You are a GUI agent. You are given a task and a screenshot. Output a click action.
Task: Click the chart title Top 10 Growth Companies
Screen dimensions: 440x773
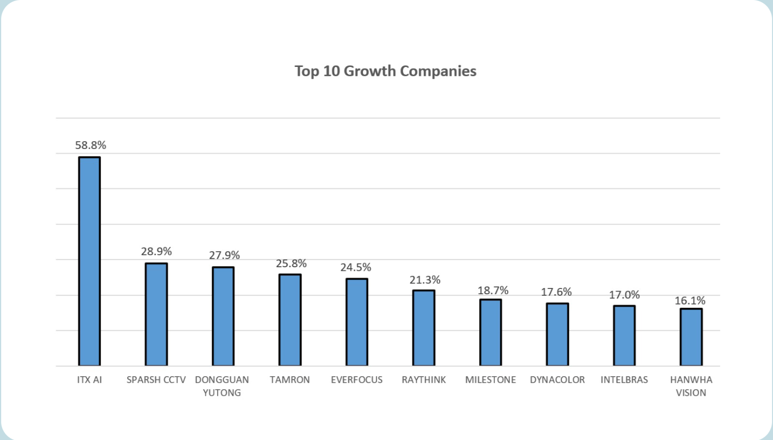(385, 71)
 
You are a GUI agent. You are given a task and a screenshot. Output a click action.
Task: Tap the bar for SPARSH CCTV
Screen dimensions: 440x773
(156, 314)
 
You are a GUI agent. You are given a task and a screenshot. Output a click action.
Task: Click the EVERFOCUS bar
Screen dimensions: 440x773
(357, 322)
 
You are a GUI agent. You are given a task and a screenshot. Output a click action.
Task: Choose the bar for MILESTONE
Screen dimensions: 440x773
(491, 333)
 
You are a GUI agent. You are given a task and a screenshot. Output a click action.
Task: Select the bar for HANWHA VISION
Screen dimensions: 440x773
(691, 337)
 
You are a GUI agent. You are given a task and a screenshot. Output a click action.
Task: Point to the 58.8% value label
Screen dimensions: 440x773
(90, 145)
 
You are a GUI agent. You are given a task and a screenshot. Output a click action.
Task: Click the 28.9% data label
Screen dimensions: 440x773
(156, 252)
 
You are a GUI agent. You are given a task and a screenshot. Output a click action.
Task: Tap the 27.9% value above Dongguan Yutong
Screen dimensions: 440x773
(224, 255)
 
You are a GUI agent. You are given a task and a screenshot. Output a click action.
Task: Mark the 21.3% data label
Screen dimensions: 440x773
(425, 280)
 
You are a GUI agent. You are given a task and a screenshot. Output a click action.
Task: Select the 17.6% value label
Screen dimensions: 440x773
(556, 292)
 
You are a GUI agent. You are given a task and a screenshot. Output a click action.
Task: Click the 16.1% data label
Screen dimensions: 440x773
(690, 300)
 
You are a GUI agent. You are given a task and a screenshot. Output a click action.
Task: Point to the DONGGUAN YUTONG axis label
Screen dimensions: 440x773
(222, 386)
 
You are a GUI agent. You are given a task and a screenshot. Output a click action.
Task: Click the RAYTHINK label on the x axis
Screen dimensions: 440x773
(424, 380)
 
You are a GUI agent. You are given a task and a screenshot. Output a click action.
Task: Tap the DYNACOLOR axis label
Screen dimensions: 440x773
(557, 380)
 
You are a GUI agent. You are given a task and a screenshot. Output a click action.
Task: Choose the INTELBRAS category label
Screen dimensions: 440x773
(624, 380)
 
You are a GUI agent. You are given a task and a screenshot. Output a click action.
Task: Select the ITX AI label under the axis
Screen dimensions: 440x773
(89, 380)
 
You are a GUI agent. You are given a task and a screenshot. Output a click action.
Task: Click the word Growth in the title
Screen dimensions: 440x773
(370, 71)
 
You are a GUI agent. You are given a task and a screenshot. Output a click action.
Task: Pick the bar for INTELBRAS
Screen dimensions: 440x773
(624, 336)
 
